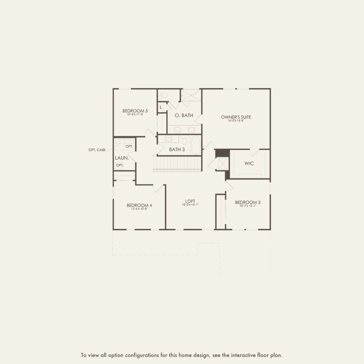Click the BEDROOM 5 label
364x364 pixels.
click(135, 111)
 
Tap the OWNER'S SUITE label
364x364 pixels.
click(236, 117)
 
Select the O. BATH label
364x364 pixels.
click(184, 116)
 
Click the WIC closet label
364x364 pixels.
click(249, 163)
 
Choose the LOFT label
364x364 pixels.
click(190, 201)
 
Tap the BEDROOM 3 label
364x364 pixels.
click(248, 202)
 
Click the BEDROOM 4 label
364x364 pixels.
click(139, 205)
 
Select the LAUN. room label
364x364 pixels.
click(121, 158)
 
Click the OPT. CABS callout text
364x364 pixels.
click(97, 150)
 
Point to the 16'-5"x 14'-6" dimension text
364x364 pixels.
click(236, 121)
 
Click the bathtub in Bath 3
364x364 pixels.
click(195, 145)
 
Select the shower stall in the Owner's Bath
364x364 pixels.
click(191, 95)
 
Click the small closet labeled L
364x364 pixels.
click(161, 107)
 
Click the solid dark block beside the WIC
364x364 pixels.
click(222, 153)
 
